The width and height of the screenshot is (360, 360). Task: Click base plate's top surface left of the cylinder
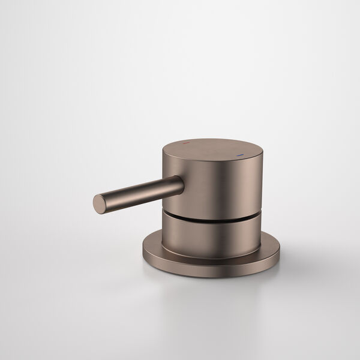tap(153, 243)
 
